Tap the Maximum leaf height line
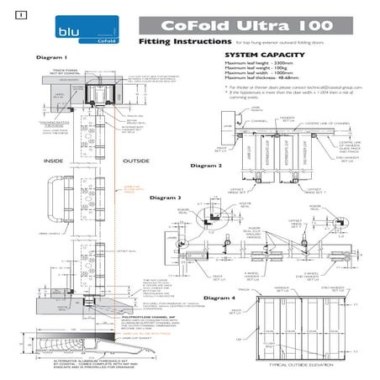tap(256, 62)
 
